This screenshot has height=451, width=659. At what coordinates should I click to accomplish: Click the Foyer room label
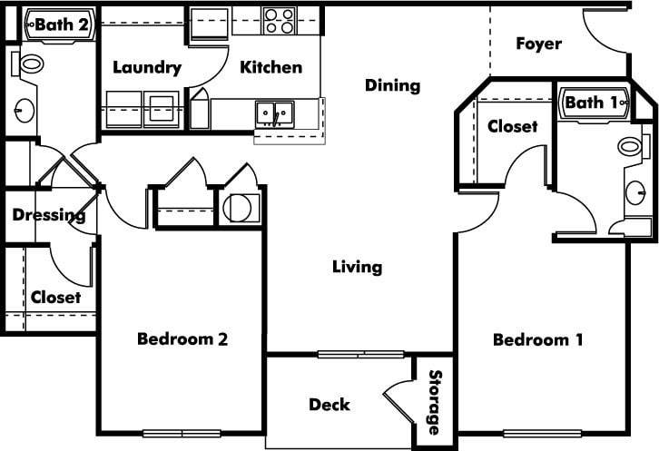click(538, 44)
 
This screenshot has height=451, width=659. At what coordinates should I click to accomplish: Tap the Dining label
click(392, 86)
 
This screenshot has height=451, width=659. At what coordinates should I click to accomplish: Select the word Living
click(357, 267)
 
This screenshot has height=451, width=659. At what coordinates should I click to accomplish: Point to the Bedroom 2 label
click(182, 339)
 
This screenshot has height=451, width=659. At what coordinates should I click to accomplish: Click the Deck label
click(329, 404)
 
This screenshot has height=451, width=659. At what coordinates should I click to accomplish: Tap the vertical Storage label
click(435, 402)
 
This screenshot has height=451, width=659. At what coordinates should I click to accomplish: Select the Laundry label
click(146, 68)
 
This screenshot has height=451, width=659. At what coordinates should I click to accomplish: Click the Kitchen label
click(270, 67)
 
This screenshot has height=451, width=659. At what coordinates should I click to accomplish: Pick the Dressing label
click(49, 216)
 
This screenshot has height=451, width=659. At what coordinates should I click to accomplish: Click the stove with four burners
click(279, 21)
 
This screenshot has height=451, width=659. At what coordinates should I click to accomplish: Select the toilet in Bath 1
click(630, 145)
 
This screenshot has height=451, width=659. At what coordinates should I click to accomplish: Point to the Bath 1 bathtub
click(595, 103)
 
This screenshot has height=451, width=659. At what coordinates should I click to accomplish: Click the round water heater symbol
click(239, 207)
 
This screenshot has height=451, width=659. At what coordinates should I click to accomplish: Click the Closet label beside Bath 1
click(512, 127)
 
